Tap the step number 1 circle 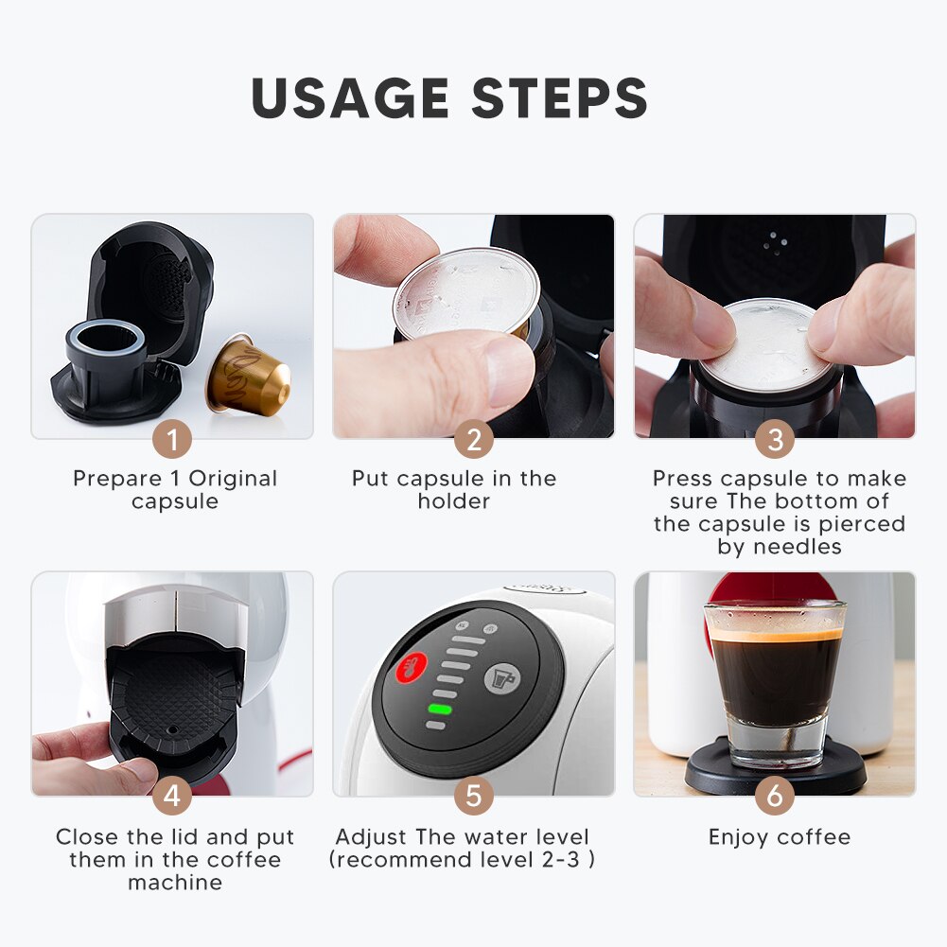coord(172,439)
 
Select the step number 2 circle coord(473,439)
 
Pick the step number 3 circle coord(775,439)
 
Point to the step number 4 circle coord(172,796)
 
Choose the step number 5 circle coord(473,796)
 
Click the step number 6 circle coord(775,796)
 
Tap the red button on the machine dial coord(412,668)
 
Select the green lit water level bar coord(441,708)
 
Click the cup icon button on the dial coord(501,678)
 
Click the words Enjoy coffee coord(780,837)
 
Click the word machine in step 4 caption coord(175,883)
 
